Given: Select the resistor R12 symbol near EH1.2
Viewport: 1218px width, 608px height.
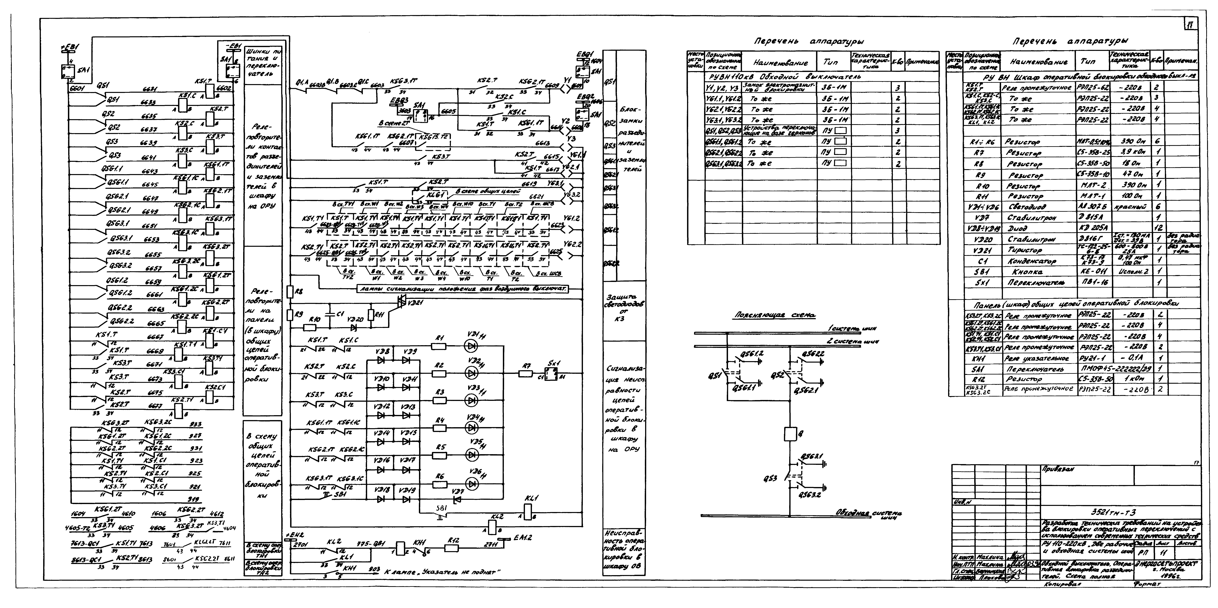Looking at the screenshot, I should (x=451, y=548).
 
